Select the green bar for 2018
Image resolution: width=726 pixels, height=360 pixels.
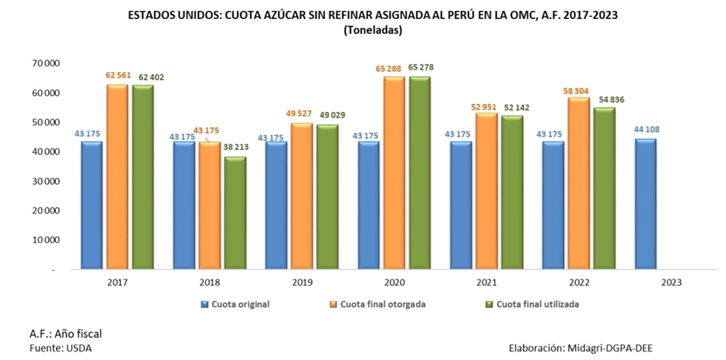tap(235, 212)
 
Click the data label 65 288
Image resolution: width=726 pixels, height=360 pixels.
tap(393, 69)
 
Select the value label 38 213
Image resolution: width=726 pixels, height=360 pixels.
tap(235, 148)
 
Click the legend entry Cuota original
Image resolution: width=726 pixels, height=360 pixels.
tap(242, 303)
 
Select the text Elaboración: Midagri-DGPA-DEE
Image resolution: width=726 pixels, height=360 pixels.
tap(589, 347)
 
